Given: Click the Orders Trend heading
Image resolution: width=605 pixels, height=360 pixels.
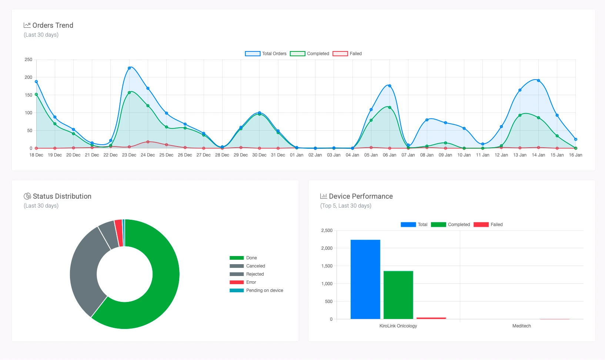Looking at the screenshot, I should pos(53,25).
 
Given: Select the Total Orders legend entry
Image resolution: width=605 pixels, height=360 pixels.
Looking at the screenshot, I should pos(266,54).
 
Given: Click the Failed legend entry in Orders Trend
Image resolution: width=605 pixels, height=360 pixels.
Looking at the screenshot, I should pos(347,54).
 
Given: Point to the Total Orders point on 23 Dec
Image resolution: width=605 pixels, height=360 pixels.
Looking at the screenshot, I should pos(129,68).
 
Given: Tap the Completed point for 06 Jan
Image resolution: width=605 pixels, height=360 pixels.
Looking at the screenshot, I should pos(390,108).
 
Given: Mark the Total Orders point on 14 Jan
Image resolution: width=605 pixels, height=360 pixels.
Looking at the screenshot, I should pos(538,81).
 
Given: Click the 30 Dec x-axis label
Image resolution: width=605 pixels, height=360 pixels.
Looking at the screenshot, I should pos(259,155).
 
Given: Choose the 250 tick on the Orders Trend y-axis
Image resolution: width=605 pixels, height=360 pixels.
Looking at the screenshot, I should pos(29,60).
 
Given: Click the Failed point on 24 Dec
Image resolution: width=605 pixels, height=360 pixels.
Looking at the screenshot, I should pos(148,142).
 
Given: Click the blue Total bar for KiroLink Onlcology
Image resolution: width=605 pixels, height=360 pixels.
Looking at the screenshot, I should pos(365,279).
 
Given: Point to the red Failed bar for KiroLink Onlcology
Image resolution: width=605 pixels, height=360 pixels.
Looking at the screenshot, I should pos(431,318).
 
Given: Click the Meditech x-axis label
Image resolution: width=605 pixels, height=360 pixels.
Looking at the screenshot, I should pos(521,326).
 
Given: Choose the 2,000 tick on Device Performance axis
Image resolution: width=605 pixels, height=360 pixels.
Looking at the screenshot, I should pos(327,248).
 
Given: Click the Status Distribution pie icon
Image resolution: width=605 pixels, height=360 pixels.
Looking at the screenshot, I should pos(27,196).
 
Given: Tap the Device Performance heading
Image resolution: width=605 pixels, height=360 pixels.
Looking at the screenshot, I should pos(361,196).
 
